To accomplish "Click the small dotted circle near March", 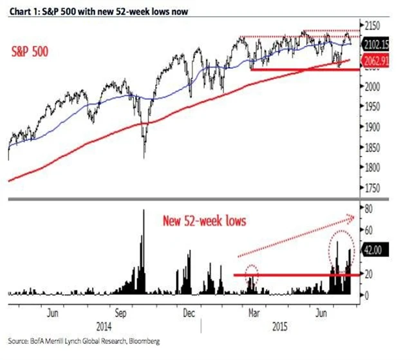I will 251,275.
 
